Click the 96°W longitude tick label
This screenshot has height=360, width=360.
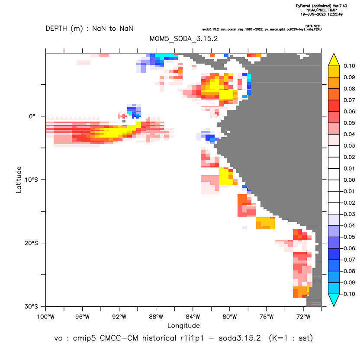click(82, 317)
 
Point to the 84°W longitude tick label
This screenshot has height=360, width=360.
click(193, 317)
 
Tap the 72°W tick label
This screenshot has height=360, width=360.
click(303, 317)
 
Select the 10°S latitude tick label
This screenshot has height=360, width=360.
click(31, 180)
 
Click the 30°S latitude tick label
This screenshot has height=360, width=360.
click(31, 306)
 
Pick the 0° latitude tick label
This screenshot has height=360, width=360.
click(32, 116)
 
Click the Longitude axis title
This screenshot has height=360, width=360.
click(183, 325)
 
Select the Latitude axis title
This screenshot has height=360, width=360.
click(19, 180)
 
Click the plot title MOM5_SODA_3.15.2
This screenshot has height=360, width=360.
click(183, 39)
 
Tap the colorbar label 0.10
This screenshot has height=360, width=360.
click(349, 66)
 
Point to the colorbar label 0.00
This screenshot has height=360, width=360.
click(349, 180)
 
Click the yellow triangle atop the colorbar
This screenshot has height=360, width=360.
click(334, 60)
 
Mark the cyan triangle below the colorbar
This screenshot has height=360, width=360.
click(334, 300)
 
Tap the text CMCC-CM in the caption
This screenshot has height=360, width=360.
click(119, 338)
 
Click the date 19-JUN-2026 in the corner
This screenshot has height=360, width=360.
click(314, 14)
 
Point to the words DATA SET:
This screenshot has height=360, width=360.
click(313, 26)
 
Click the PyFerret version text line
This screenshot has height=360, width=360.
click(321, 6)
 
